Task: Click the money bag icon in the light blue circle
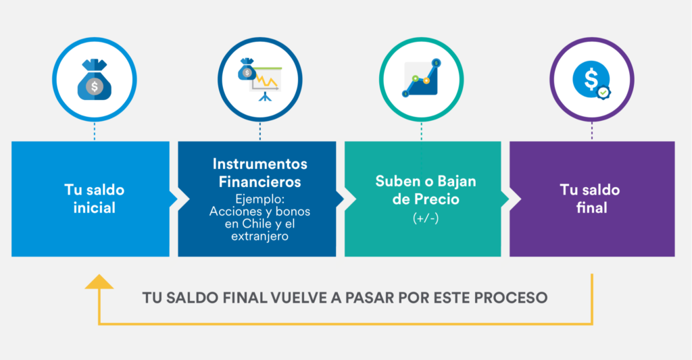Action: pos(95,80)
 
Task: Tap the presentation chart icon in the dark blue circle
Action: pos(260,80)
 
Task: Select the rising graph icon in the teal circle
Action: pos(422,78)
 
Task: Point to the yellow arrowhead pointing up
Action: pos(99,282)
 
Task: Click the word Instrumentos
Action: pos(260,163)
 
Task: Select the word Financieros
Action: pos(260,182)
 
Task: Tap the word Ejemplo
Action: pos(260,199)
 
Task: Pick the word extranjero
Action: pos(260,236)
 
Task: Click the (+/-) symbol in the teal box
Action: pos(426,218)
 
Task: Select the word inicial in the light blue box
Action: pos(95,207)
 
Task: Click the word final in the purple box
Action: pos(592,207)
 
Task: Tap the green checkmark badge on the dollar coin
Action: pos(603,93)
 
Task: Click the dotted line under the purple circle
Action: pos(592,132)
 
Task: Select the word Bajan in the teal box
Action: pos(457,181)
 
